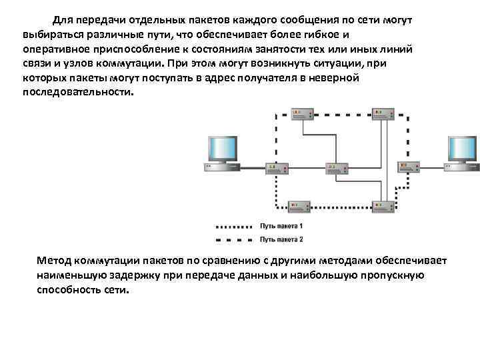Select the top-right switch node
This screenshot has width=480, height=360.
(x=383, y=113)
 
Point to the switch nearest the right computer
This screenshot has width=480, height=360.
(x=407, y=167)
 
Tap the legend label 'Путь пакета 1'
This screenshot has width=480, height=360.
(x=281, y=227)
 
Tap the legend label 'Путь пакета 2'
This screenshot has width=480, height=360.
(x=281, y=239)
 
